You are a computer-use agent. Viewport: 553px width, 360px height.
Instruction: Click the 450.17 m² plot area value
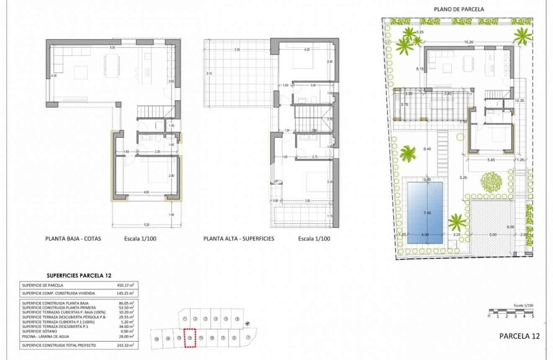point(125,285)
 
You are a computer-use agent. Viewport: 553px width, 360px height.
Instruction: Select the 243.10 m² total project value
point(125,345)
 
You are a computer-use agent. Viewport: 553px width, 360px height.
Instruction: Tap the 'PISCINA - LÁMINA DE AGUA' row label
point(47,336)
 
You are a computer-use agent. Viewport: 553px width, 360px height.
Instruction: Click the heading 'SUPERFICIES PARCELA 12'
point(79,275)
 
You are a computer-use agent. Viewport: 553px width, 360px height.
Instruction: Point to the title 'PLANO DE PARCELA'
point(459,9)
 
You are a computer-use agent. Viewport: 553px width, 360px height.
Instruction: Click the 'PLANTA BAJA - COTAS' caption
point(73,238)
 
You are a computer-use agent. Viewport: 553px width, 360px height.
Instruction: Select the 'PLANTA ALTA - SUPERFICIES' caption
point(238,238)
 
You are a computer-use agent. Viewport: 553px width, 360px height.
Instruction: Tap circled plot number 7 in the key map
point(248,337)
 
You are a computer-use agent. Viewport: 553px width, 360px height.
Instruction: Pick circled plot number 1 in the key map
point(185,319)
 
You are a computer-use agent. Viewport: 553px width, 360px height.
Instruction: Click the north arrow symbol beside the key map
point(248,323)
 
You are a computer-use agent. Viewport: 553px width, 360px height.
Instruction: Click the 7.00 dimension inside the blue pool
point(426,213)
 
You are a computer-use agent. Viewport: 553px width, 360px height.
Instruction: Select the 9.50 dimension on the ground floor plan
point(112,48)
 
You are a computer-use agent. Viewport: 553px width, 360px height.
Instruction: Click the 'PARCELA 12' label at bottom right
point(519,336)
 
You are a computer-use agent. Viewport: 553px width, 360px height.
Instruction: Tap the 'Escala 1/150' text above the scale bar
point(523,306)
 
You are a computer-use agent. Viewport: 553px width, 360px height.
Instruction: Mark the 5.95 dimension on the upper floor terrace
point(237,50)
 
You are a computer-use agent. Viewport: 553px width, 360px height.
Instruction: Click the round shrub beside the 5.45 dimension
point(491,181)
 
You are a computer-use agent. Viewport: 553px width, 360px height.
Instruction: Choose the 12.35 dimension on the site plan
point(519,101)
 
